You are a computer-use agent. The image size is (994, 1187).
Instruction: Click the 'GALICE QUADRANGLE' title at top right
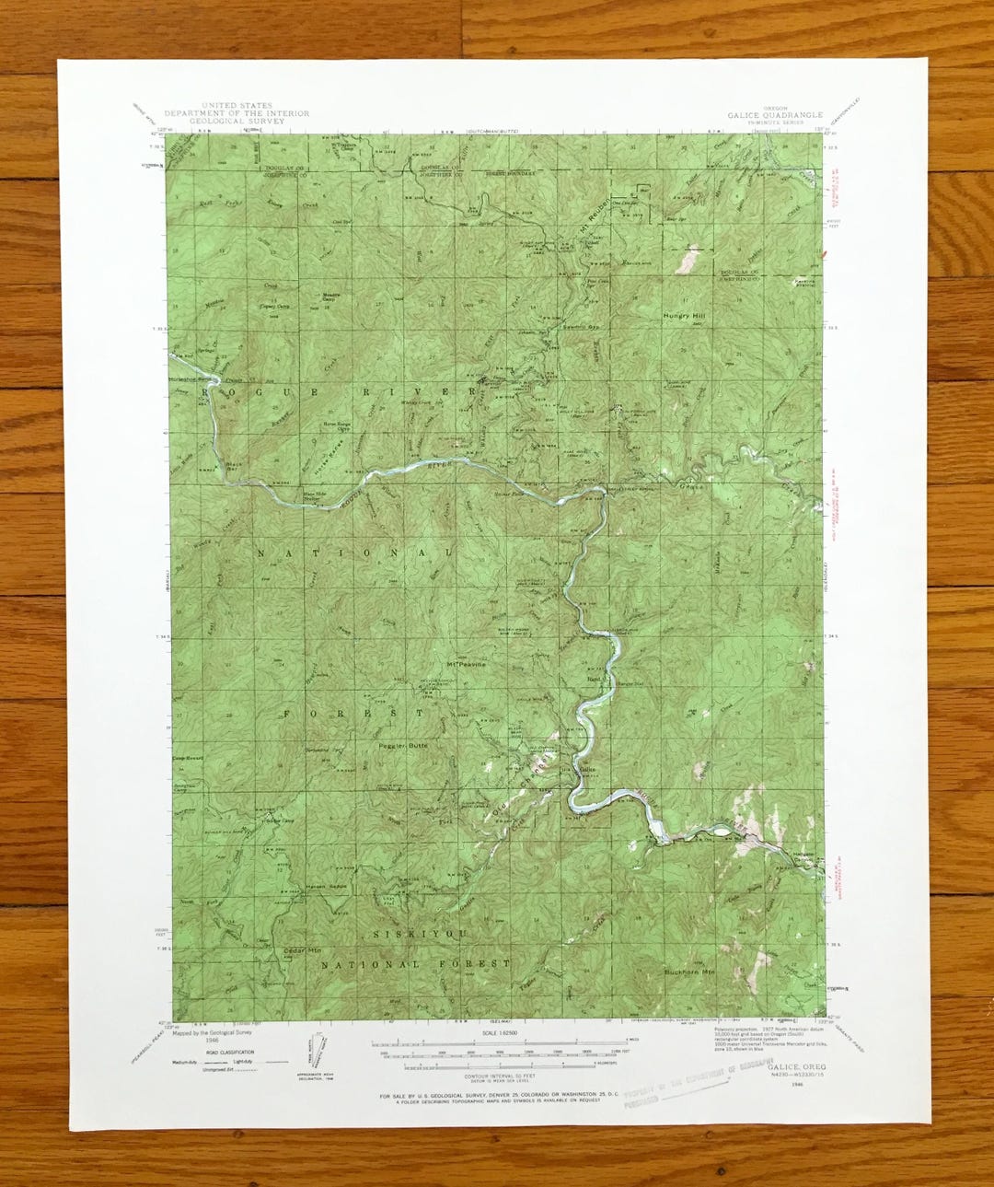coord(775,115)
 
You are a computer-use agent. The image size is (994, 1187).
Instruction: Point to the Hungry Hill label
coord(688,316)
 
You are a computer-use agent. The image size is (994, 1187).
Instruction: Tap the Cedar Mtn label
coord(302,949)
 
